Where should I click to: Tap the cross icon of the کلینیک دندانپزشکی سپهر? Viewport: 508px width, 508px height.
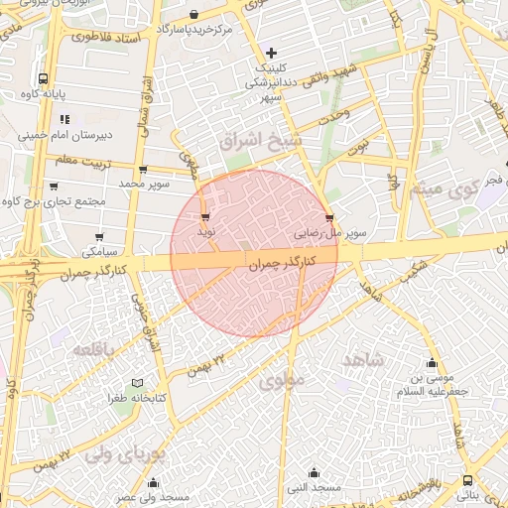(271, 52)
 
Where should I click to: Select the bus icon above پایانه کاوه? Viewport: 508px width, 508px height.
(43, 77)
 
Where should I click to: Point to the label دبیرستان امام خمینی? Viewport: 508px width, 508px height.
(68, 136)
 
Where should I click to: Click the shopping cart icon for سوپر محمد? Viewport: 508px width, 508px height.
(145, 170)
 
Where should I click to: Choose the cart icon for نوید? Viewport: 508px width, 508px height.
(205, 216)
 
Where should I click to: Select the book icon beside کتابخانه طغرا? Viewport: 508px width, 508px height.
(137, 383)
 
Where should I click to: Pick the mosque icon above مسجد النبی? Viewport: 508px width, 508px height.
(315, 472)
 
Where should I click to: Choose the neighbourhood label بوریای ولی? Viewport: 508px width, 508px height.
(123, 455)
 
